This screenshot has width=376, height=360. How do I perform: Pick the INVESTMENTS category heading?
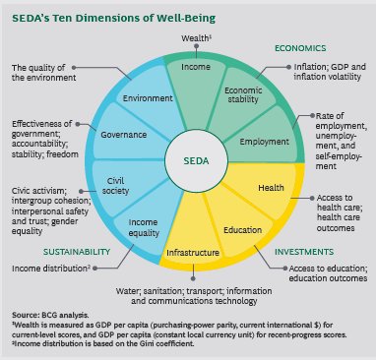(x=303, y=251)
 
